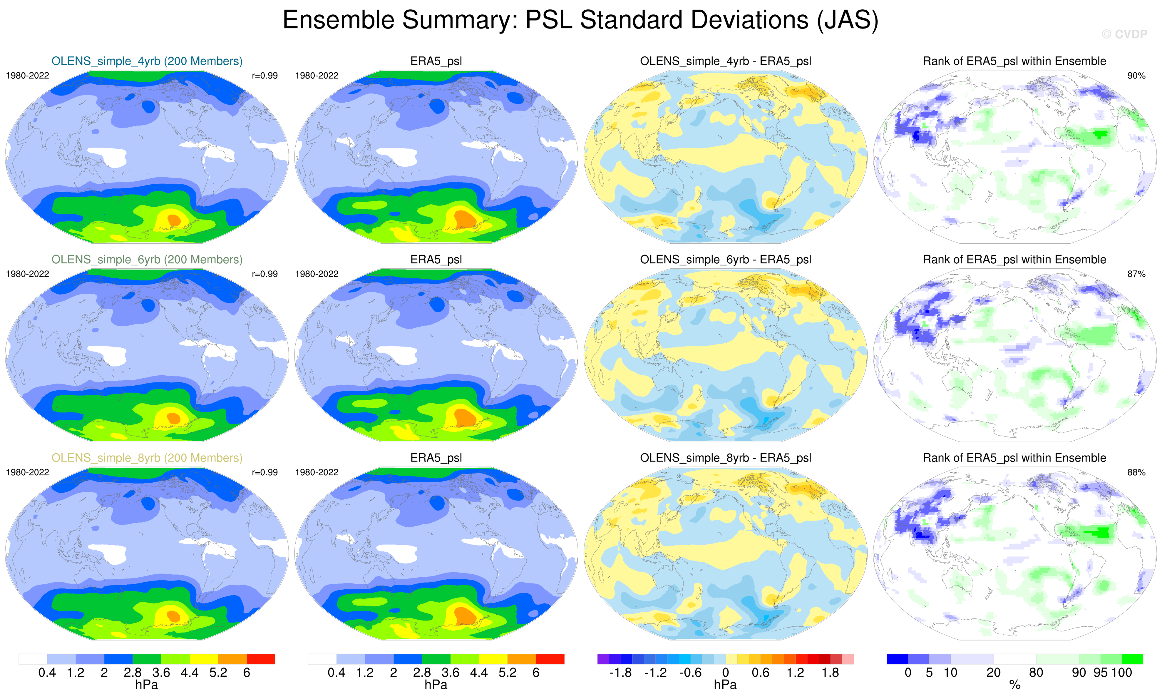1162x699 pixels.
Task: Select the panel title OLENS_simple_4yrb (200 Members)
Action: (x=147, y=61)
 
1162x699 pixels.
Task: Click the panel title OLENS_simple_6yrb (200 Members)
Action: (x=147, y=260)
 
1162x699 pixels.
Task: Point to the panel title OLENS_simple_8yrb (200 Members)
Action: (x=147, y=458)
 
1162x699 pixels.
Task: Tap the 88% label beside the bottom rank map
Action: (x=1136, y=472)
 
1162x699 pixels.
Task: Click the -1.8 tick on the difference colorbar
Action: (x=621, y=673)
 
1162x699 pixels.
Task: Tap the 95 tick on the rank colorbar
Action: (x=1100, y=673)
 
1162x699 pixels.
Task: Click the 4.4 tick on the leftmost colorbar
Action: (x=190, y=673)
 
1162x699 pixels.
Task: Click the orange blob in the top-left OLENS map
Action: (x=174, y=220)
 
